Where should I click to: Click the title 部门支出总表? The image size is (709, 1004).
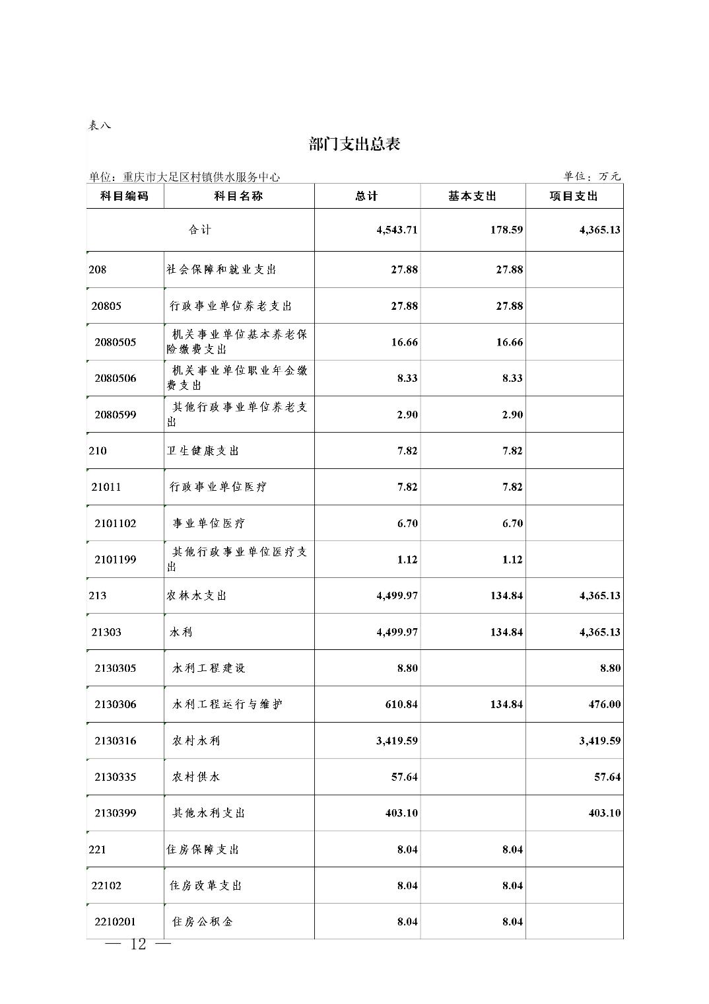tap(355, 144)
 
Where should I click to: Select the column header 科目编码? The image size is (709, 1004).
tap(124, 196)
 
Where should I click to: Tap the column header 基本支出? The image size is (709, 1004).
tap(472, 196)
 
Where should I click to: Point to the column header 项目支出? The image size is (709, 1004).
tap(574, 196)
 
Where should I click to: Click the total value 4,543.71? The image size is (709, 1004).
tap(397, 230)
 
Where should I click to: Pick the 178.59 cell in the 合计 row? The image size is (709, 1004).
tap(506, 230)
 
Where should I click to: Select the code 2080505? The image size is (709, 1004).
tap(116, 342)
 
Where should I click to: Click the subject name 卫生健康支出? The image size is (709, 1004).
tap(203, 450)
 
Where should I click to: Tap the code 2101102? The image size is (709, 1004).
tap(116, 523)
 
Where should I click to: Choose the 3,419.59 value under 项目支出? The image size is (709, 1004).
tap(600, 740)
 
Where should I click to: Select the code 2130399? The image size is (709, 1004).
tap(116, 813)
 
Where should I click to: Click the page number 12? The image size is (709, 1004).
tap(139, 945)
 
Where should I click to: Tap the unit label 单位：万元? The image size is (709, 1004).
tap(592, 176)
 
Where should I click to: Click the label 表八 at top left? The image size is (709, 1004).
tap(100, 126)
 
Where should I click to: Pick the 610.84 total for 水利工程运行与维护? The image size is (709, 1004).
tap(401, 704)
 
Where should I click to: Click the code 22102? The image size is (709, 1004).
tap(106, 885)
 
